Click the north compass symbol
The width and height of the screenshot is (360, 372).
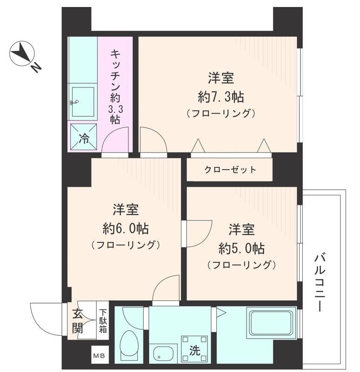[x=22, y=54]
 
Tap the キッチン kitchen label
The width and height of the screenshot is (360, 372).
[x=115, y=86]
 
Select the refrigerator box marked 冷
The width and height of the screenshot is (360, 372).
[x=84, y=137]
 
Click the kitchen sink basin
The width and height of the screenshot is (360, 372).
[x=83, y=102]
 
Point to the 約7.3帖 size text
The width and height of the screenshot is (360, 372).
[x=220, y=97]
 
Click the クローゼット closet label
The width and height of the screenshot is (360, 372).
[x=230, y=170]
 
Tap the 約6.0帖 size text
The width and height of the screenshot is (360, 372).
[x=126, y=228]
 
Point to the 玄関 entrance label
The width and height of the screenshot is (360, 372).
[x=77, y=321]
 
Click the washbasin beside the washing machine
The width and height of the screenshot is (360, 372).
[x=163, y=353]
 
